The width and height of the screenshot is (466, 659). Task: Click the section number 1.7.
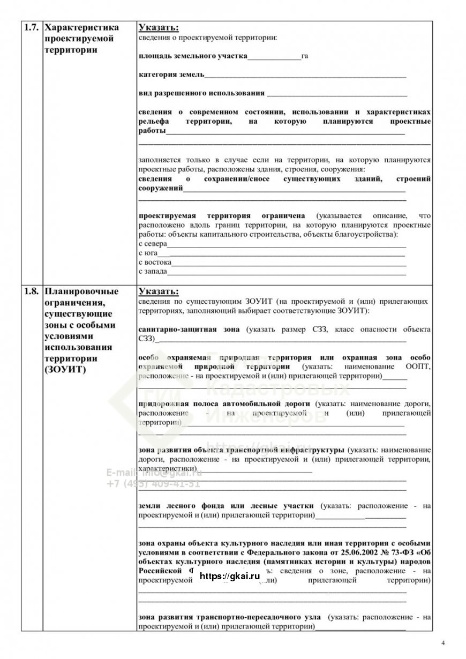[31, 27]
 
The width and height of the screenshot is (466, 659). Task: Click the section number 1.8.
[31, 292]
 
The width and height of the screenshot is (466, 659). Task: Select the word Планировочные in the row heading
[81, 292]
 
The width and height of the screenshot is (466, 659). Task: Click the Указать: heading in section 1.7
[159, 27]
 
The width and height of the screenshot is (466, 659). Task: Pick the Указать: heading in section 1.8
[159, 292]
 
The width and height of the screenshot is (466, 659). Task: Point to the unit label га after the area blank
[305, 56]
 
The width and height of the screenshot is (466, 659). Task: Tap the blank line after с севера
[287, 244]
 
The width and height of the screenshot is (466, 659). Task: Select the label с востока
[155, 263]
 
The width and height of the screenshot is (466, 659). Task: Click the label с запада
[153, 272]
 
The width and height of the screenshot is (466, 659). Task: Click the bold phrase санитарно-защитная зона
[189, 329]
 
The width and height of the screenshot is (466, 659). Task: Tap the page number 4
[443, 642]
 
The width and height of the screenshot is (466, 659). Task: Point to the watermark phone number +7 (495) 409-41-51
[153, 483]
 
